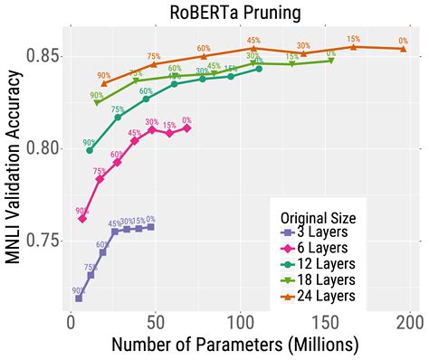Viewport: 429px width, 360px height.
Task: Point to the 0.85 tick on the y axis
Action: (43, 56)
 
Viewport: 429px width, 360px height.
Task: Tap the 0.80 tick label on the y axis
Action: (43, 148)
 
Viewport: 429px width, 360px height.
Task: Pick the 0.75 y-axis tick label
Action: (43, 241)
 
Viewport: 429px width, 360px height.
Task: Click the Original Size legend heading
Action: (323, 217)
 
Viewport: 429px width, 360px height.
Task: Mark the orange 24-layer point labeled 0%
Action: (404, 49)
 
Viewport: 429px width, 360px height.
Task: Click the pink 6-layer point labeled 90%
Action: (82, 219)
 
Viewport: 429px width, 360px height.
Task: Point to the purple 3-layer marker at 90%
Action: (79, 298)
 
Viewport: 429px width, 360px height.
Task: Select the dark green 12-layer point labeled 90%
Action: (90, 150)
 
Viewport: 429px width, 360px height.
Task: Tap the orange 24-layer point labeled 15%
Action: (353, 47)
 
